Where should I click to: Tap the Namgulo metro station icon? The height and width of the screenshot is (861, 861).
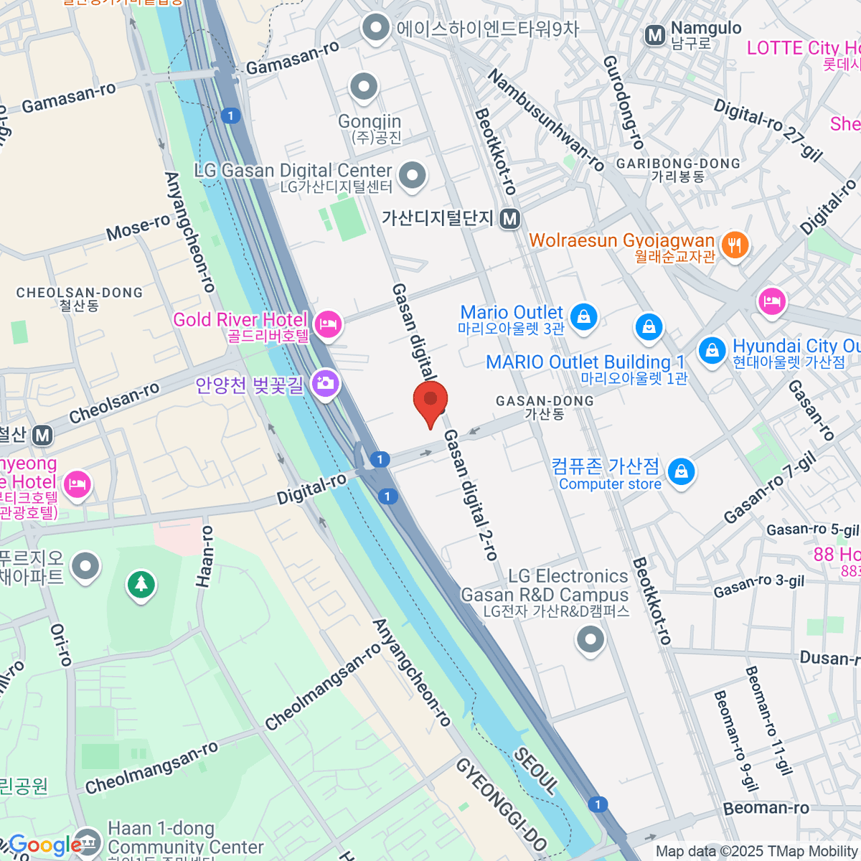654,35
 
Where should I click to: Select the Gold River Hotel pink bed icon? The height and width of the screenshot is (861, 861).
328,324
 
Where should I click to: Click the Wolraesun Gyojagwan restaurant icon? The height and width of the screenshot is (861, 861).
734,245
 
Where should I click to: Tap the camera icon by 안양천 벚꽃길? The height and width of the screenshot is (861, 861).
325,383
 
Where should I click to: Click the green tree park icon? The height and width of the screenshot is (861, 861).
141,584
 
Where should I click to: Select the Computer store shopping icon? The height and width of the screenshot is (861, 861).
681,472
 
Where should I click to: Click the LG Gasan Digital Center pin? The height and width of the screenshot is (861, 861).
412,175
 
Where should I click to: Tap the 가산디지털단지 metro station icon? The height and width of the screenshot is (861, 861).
509,218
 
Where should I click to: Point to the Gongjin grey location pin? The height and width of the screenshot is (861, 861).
364,88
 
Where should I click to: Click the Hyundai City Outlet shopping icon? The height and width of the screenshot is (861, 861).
712,351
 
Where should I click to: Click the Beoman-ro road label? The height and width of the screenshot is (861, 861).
766,808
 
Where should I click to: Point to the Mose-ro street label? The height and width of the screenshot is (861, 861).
138,228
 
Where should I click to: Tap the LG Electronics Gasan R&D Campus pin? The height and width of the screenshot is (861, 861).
590,639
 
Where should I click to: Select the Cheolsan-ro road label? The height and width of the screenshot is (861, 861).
114,403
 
